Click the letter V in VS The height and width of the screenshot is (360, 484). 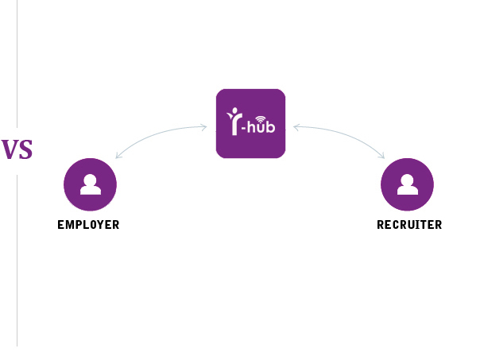(9, 149)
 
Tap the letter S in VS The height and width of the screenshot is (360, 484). (25, 149)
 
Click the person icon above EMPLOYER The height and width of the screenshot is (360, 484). (91, 184)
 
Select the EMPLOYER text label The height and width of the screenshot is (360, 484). (88, 225)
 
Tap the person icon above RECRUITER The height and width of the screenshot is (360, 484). (408, 184)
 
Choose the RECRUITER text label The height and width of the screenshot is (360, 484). (409, 225)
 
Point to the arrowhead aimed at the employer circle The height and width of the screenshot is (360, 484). (118, 155)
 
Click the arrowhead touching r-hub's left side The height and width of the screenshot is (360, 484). (204, 126)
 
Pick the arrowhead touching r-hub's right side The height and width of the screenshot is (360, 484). (296, 126)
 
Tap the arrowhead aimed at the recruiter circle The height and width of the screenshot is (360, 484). (382, 155)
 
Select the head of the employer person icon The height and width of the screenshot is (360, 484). (91, 179)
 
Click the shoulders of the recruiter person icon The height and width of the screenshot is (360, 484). (408, 191)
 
